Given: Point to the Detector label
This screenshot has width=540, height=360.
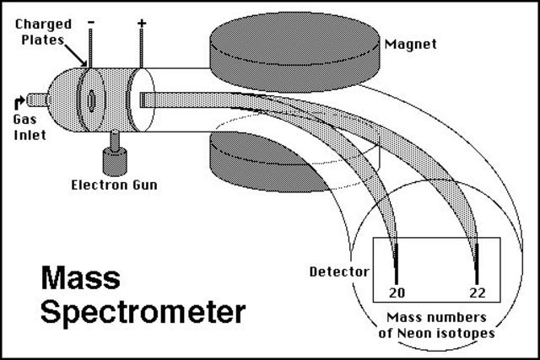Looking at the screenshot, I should tap(340, 272).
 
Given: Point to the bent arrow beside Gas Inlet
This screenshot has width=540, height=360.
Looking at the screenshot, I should tap(19, 102).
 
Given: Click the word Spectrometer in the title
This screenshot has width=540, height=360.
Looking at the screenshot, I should tap(143, 312).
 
